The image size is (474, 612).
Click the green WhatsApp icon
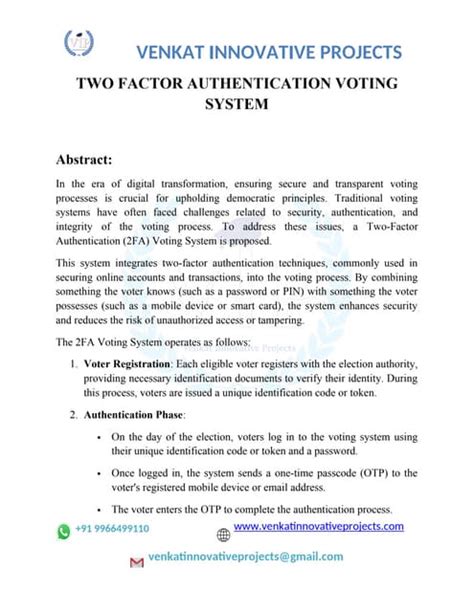(x=64, y=529)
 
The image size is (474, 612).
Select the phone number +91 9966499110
(x=112, y=529)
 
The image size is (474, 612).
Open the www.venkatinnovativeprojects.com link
(x=318, y=526)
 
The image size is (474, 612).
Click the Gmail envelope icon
(x=137, y=563)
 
